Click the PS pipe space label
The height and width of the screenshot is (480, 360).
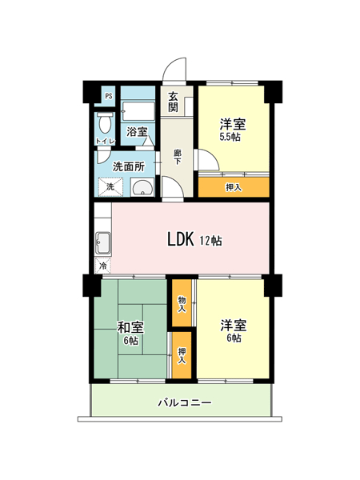click(109, 96)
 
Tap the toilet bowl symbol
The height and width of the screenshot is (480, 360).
click(105, 122)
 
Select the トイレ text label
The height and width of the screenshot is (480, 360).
click(106, 142)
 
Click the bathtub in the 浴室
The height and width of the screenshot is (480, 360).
click(138, 111)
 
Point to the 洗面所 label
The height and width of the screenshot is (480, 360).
click(129, 167)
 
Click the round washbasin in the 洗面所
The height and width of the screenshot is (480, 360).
click(142, 187)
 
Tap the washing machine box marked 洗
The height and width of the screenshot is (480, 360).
click(110, 186)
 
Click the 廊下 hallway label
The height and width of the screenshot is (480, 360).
click(177, 157)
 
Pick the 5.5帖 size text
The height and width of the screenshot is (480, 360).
click(230, 137)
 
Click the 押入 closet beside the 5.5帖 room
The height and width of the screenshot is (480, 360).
click(234, 187)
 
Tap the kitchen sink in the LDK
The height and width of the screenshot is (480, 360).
click(103, 243)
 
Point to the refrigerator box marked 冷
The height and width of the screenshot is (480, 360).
click(103, 266)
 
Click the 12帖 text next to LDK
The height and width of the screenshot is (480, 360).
click(211, 241)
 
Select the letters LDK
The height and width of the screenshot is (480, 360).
click(181, 239)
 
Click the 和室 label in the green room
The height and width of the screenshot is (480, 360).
click(131, 327)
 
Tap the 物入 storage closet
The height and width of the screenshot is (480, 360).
click(182, 303)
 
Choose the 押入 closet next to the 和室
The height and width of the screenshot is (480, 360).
click(182, 355)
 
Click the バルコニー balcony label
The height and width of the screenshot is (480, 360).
click(185, 402)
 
